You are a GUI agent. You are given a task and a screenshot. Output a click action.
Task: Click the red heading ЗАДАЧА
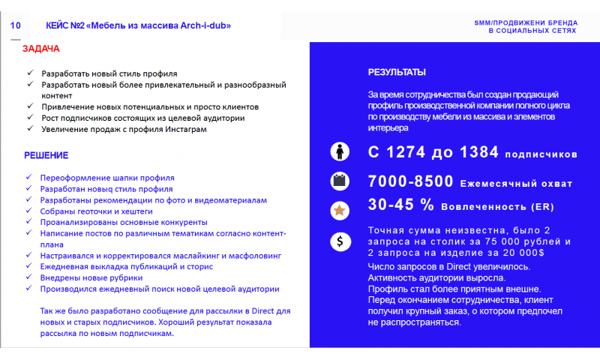[x=41, y=49]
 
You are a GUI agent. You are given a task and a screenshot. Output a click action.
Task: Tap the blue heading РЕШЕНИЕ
[x=46, y=155]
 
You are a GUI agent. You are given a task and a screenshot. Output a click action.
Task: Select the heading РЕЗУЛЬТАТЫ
[x=397, y=73]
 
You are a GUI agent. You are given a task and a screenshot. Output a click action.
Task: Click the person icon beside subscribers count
[x=340, y=151]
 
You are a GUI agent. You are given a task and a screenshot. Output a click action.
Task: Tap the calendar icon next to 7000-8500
[x=340, y=181]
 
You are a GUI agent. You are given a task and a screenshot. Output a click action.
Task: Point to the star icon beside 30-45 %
[x=340, y=211]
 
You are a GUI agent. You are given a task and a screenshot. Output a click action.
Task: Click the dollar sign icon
[x=340, y=241]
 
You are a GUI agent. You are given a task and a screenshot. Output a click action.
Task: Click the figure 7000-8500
[x=410, y=181]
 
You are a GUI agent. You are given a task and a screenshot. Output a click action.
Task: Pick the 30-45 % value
[x=401, y=205]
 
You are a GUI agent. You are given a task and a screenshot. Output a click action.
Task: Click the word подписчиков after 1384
[x=541, y=154]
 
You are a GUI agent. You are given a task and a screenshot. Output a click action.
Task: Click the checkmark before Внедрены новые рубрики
[x=29, y=277]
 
